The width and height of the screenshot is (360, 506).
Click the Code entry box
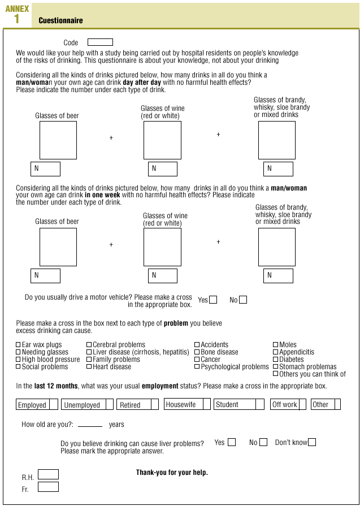tap(100, 42)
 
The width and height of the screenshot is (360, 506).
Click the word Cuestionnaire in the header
tap(60, 21)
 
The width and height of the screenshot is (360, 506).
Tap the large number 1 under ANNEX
tap(16, 19)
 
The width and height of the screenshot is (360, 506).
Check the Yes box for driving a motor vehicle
tap(213, 300)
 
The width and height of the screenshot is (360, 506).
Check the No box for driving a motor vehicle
tap(243, 300)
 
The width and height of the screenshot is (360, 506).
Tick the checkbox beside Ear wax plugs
tap(18, 345)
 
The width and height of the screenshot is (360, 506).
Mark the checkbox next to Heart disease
tap(89, 367)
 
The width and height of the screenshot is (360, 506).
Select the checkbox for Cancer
tap(197, 360)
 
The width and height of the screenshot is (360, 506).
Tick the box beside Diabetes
tap(276, 360)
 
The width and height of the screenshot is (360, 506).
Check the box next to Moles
tap(276, 345)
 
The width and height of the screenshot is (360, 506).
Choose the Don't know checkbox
tap(312, 442)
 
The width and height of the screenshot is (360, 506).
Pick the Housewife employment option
tap(206, 404)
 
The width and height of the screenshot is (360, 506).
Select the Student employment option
tap(259, 405)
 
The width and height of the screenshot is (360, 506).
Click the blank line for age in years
tap(90, 425)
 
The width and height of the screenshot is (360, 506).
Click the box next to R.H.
tap(48, 474)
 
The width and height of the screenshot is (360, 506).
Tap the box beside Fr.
tap(48, 487)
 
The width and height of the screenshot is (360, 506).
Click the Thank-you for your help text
tap(172, 473)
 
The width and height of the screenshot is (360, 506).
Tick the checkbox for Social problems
tap(18, 367)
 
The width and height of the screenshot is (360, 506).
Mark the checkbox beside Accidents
tap(197, 345)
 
